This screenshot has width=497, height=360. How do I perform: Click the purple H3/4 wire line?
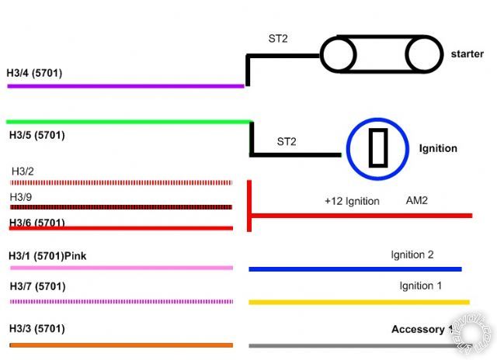click(x=124, y=85)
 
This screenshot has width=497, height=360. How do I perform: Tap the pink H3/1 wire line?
click(x=120, y=268)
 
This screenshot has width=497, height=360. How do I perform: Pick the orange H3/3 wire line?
click(x=120, y=344)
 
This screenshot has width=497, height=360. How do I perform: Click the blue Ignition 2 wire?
click(x=355, y=269)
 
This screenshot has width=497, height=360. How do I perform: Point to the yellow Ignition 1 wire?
click(x=359, y=302)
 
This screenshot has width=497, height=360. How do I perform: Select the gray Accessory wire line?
click(x=349, y=344)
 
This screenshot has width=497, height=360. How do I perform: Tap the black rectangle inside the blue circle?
click(x=377, y=148)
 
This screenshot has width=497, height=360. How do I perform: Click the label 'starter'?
click(x=467, y=54)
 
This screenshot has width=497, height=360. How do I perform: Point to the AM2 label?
click(x=417, y=200)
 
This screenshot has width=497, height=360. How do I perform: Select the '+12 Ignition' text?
click(x=352, y=201)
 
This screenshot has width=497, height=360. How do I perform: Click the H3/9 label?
click(x=21, y=197)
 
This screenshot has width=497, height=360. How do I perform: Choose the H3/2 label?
click(x=23, y=171)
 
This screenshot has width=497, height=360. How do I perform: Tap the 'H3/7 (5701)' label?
click(x=38, y=286)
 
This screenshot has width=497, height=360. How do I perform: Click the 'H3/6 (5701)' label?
click(x=37, y=223)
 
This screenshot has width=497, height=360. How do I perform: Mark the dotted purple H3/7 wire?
click(x=120, y=301)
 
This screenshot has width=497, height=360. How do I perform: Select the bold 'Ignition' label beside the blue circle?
click(x=438, y=148)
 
